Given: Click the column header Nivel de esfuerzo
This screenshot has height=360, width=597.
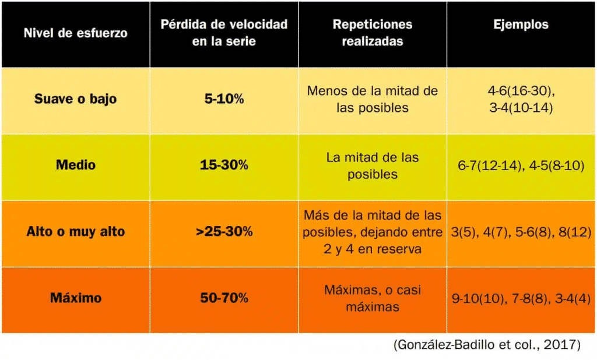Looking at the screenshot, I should [75, 33].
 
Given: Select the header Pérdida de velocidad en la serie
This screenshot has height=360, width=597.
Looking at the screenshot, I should [224, 33].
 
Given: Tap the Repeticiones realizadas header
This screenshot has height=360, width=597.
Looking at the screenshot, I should [372, 33].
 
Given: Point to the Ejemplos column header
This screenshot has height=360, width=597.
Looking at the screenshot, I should [521, 24].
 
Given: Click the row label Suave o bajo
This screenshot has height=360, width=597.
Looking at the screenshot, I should [75, 98].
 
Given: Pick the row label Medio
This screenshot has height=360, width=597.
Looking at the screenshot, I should [75, 165].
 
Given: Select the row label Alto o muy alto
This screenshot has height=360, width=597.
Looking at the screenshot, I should [75, 231].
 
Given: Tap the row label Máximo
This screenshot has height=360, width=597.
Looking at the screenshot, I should [75, 298].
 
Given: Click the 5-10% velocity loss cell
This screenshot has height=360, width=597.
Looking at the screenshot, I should [224, 98].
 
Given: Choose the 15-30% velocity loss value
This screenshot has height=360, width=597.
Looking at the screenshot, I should [224, 165].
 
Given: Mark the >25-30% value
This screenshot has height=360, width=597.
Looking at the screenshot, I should [224, 231].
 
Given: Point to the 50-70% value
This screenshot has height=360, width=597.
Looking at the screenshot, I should [224, 298].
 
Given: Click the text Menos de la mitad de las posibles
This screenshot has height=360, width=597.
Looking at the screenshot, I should [372, 99].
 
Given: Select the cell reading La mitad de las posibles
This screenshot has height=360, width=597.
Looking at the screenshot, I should [372, 165].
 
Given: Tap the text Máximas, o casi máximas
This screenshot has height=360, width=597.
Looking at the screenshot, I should [372, 298].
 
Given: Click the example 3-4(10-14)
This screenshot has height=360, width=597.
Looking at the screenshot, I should [521, 108].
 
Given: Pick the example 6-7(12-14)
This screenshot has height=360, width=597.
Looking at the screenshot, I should [490, 165].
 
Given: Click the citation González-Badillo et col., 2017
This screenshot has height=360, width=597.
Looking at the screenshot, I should [487, 345].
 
